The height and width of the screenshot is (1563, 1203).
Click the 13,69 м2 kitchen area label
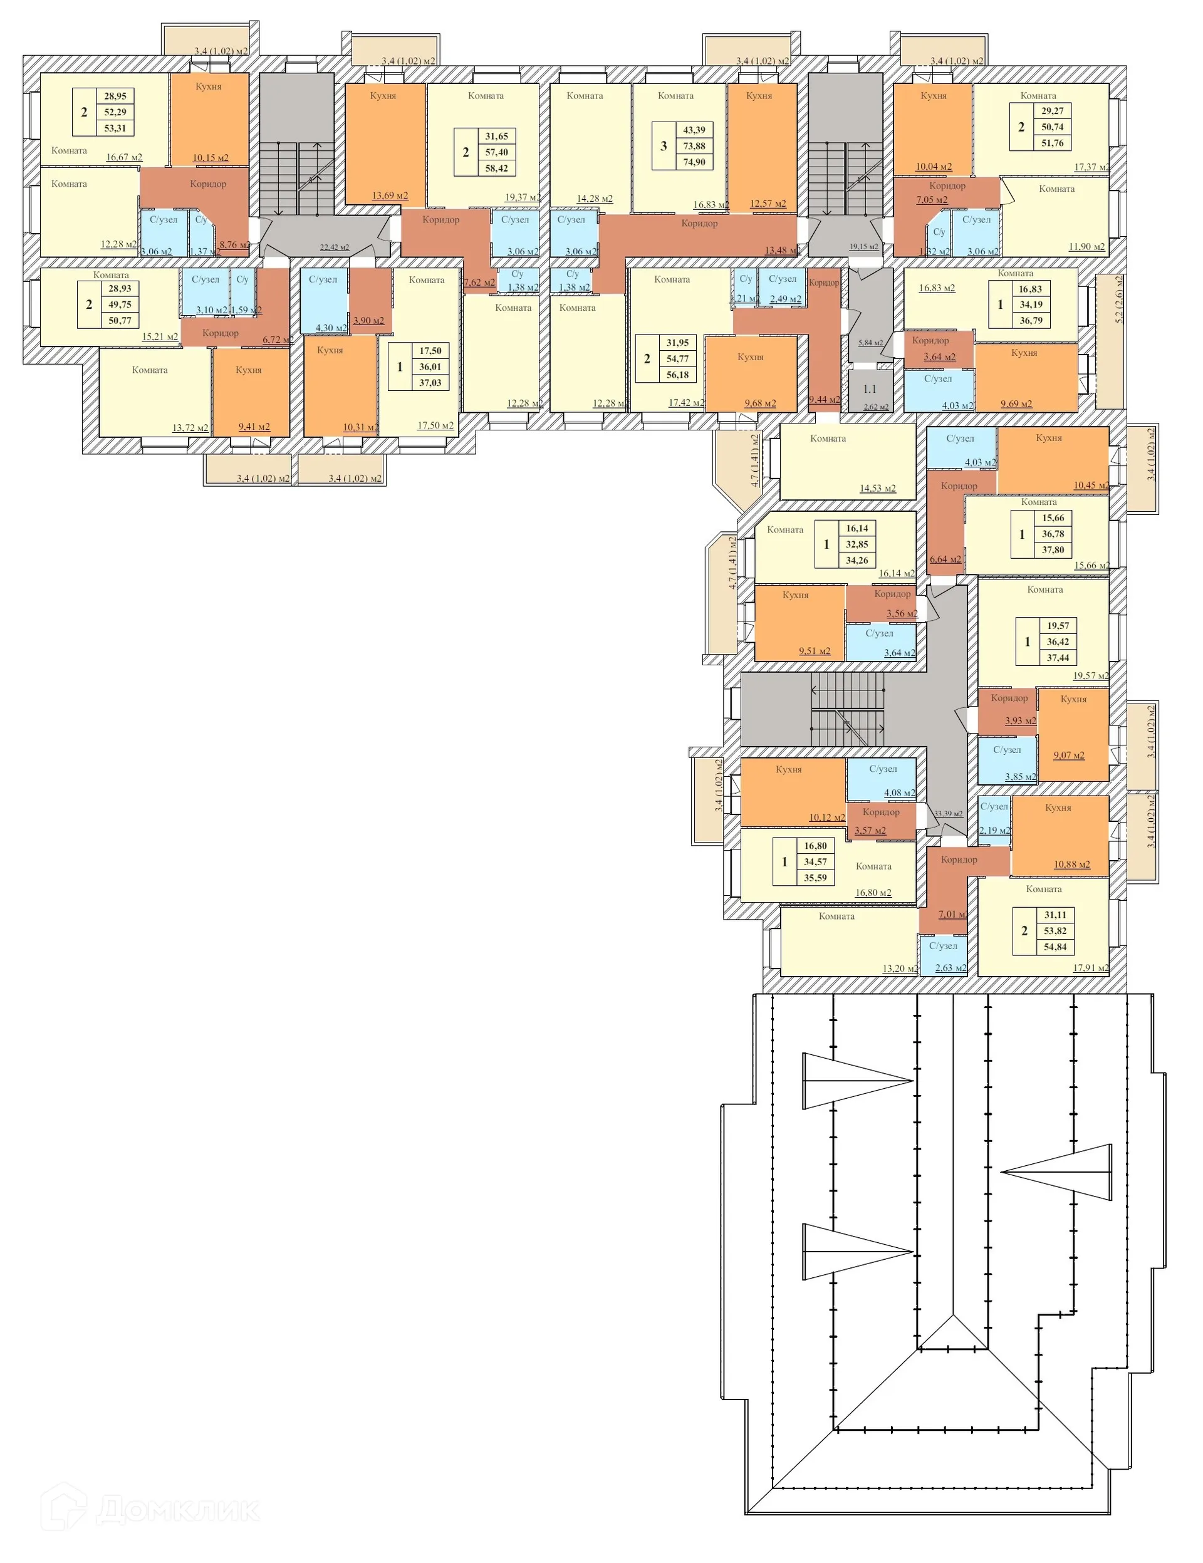pyautogui.click(x=390, y=195)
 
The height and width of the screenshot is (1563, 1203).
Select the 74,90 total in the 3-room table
pyautogui.click(x=694, y=162)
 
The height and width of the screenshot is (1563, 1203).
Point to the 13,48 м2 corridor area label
pyautogui.click(x=782, y=251)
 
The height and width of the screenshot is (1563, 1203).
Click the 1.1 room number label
pyautogui.click(x=869, y=389)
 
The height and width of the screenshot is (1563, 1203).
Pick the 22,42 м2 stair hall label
pyautogui.click(x=334, y=247)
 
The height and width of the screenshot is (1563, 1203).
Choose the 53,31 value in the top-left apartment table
pyautogui.click(x=115, y=128)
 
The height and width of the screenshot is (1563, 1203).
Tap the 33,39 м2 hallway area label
pyautogui.click(x=948, y=814)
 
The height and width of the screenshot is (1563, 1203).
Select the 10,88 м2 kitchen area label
pyautogui.click(x=1071, y=865)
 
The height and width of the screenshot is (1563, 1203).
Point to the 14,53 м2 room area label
pyautogui.click(x=877, y=489)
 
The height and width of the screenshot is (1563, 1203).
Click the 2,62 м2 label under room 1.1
pyautogui.click(x=876, y=407)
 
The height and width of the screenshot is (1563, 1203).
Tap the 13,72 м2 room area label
pyautogui.click(x=190, y=428)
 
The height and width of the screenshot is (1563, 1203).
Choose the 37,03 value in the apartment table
pyautogui.click(x=430, y=383)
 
